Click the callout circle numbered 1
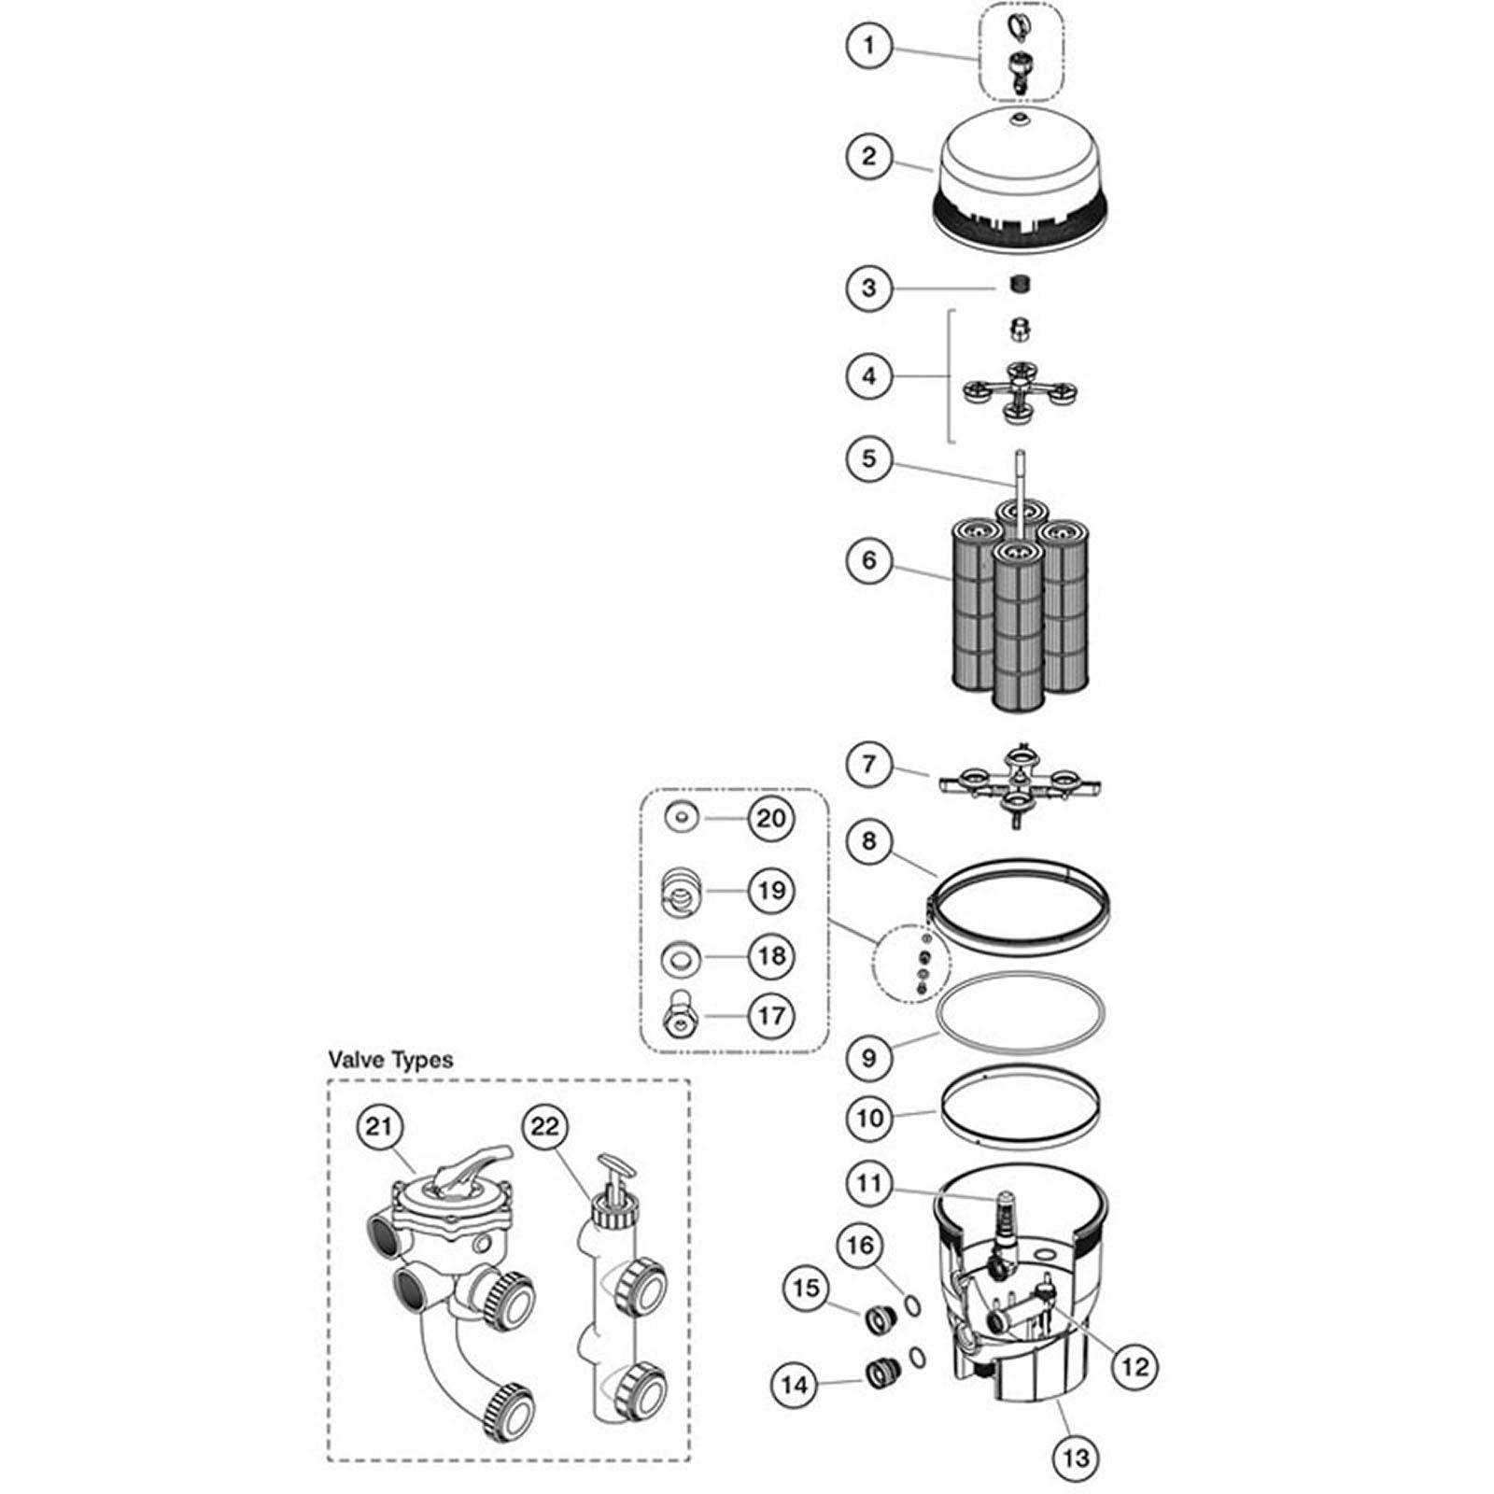(x=869, y=45)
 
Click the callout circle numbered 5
(x=869, y=458)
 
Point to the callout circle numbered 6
(x=869, y=560)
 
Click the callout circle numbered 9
(x=869, y=1057)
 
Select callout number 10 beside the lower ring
(x=869, y=1118)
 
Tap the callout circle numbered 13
(x=1076, y=1457)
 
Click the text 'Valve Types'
(x=390, y=1060)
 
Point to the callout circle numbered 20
(x=771, y=819)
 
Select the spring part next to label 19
(x=681, y=891)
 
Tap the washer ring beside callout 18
(x=681, y=957)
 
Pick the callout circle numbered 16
(x=860, y=1245)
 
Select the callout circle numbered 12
(x=1135, y=1366)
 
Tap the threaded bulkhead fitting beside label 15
(x=879, y=1319)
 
